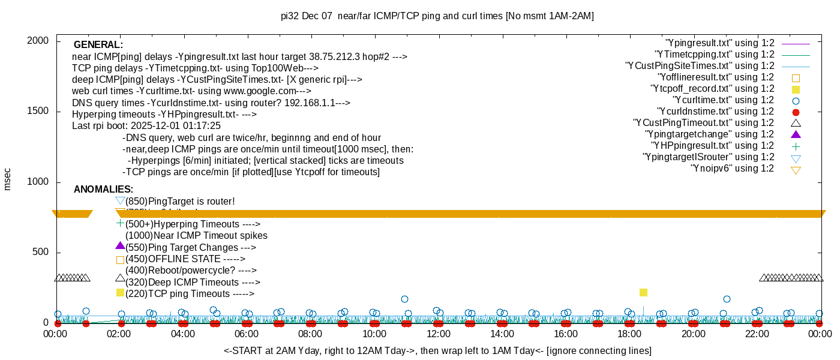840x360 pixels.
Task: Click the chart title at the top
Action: pos(437,16)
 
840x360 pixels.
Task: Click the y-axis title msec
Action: pos(7,179)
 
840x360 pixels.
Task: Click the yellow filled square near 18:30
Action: pos(643,292)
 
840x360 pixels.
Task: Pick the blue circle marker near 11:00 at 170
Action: pos(404,299)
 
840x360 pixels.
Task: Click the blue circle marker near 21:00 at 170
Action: pos(727,299)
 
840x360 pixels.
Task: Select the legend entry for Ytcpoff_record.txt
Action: pos(712,89)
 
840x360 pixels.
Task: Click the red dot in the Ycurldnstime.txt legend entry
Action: pos(796,112)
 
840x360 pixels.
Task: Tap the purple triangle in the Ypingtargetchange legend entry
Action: pos(796,134)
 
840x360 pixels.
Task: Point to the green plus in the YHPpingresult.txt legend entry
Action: pos(796,146)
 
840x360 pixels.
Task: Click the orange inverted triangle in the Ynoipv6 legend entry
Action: pos(796,170)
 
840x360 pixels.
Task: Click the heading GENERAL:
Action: pos(98,45)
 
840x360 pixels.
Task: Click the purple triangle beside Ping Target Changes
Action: pos(120,246)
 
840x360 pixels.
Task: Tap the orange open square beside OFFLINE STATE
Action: pos(120,260)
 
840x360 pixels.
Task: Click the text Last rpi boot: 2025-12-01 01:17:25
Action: pos(146,126)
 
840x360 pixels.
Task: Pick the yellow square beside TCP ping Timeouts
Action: pos(120,292)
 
